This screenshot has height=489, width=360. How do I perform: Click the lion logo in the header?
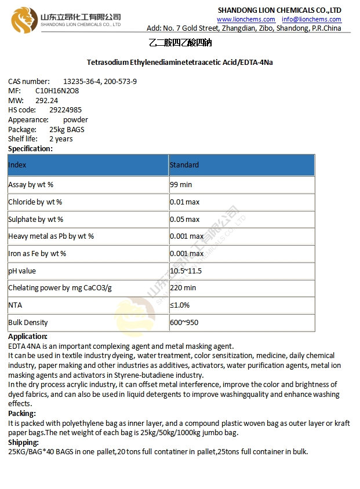[x=24, y=19]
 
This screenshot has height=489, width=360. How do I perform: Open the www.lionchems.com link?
[x=246, y=19]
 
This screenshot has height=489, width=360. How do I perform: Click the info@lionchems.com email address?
[x=311, y=19]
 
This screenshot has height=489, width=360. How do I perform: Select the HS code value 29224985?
[x=65, y=110]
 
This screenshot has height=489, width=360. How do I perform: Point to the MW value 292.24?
[x=46, y=100]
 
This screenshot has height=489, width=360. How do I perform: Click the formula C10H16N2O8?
[x=57, y=91]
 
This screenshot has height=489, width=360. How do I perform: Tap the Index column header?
[x=17, y=165]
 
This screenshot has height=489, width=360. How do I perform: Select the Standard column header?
[x=184, y=165]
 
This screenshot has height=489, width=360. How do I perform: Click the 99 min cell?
[x=181, y=185]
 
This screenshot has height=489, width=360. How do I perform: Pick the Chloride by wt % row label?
[x=35, y=202]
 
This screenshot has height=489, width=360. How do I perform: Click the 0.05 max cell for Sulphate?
[x=184, y=220]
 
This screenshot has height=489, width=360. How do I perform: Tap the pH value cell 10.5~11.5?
[x=186, y=271]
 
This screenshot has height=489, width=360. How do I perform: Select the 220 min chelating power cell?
[x=183, y=288]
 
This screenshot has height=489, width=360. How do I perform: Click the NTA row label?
[x=15, y=305]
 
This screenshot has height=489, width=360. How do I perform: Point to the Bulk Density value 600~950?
[x=184, y=322]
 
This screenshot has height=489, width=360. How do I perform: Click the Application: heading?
[x=28, y=336]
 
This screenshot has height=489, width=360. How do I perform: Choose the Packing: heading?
[x=22, y=413]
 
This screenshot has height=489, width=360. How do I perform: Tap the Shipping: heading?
[x=23, y=442]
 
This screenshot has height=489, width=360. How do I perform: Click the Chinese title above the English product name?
[x=180, y=43]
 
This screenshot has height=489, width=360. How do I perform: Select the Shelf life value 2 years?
[x=61, y=139]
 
